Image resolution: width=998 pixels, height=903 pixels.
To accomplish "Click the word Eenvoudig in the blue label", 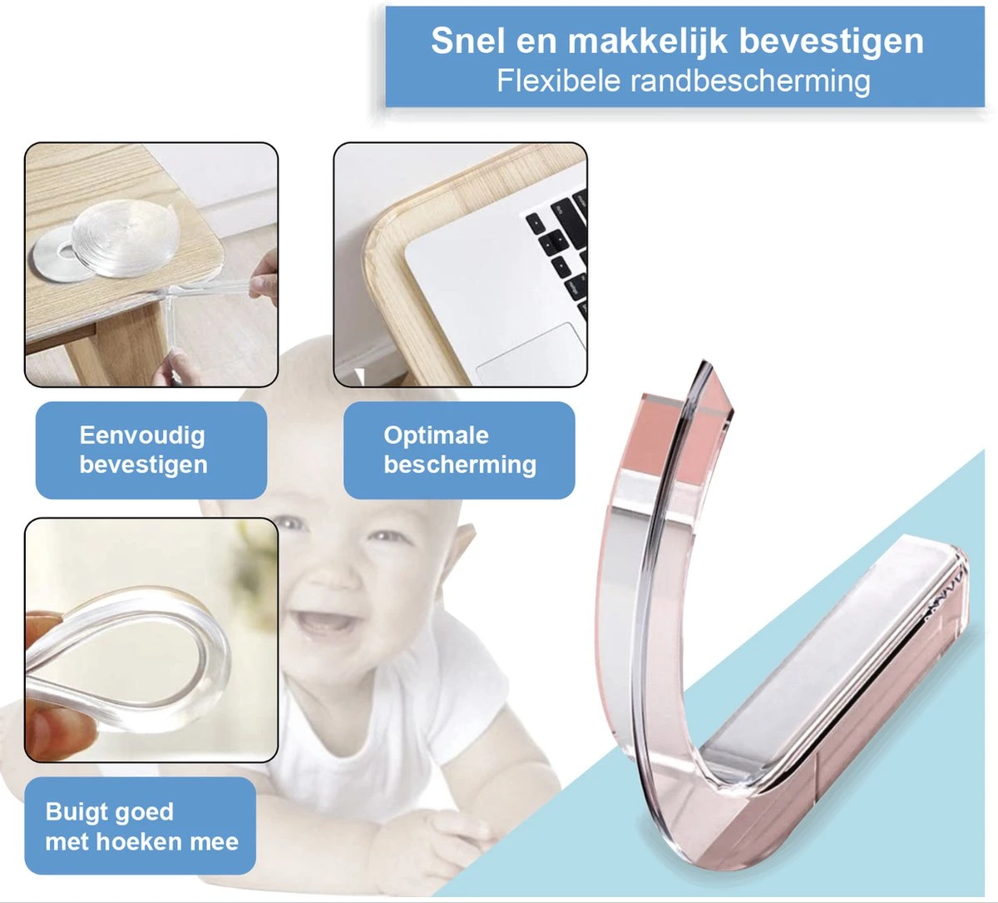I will coord(142,435).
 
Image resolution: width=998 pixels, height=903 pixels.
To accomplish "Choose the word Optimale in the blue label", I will coord(436,435).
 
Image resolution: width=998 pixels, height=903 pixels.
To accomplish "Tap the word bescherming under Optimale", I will coord(459,464).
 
